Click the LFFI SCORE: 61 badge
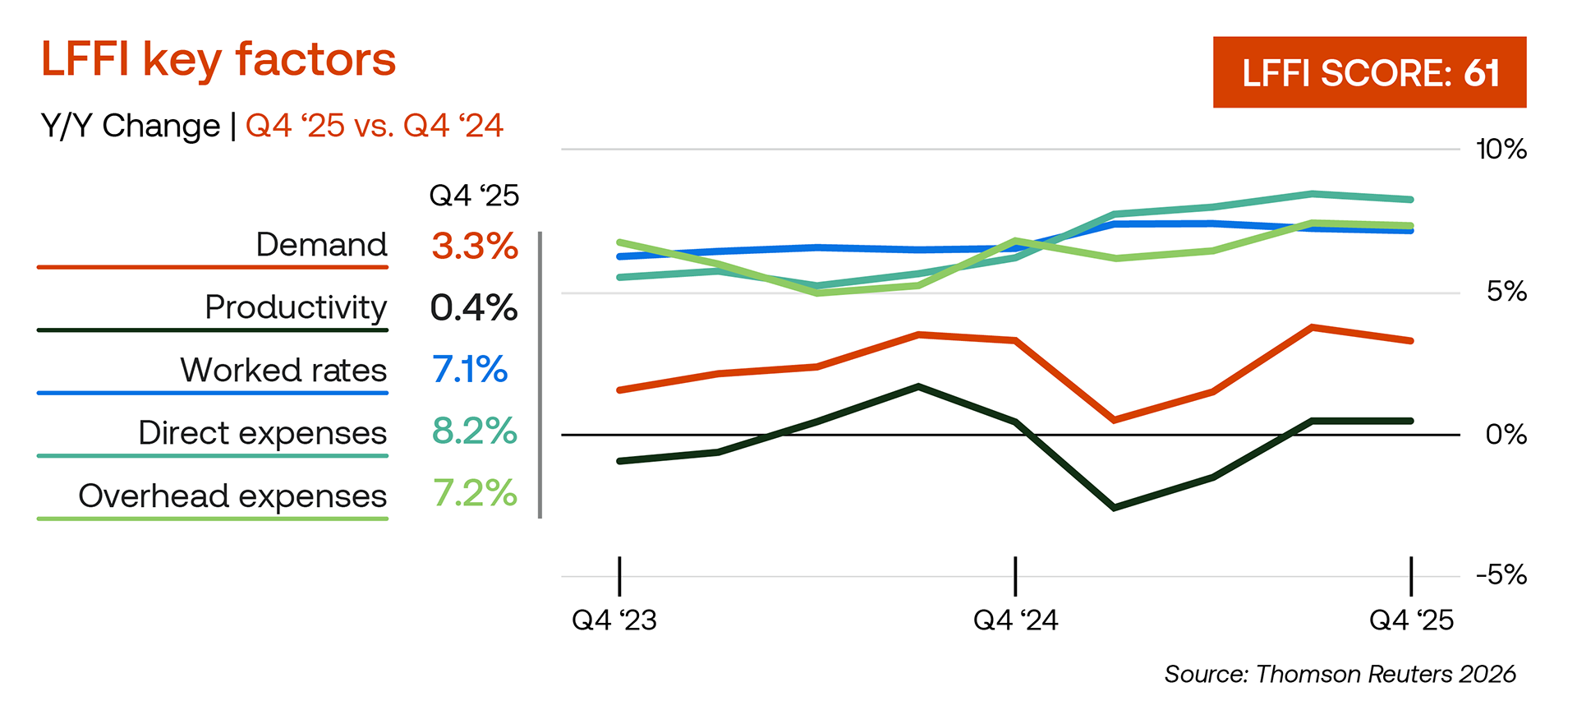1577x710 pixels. click(1369, 72)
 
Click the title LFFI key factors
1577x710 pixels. click(218, 59)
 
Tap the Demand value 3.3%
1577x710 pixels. click(475, 246)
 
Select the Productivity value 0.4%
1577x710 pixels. click(474, 307)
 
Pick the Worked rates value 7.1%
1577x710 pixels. click(470, 370)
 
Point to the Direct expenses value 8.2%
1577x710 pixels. click(475, 431)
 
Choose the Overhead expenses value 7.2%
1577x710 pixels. click(475, 494)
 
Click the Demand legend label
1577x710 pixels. click(321, 245)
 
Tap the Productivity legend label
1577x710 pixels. click(296, 307)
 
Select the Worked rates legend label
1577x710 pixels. click(283, 370)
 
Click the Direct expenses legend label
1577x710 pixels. click(262, 432)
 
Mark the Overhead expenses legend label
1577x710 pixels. click(232, 496)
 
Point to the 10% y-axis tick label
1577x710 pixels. click(1501, 150)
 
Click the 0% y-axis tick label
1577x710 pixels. click(1506, 434)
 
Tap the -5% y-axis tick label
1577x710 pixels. click(1501, 574)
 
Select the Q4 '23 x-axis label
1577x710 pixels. click(614, 620)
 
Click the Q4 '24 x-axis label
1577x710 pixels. click(1015, 620)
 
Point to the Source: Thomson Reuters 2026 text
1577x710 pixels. click(1340, 674)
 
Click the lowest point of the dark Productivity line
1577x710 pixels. click(1114, 508)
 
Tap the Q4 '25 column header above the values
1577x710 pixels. click(474, 196)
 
